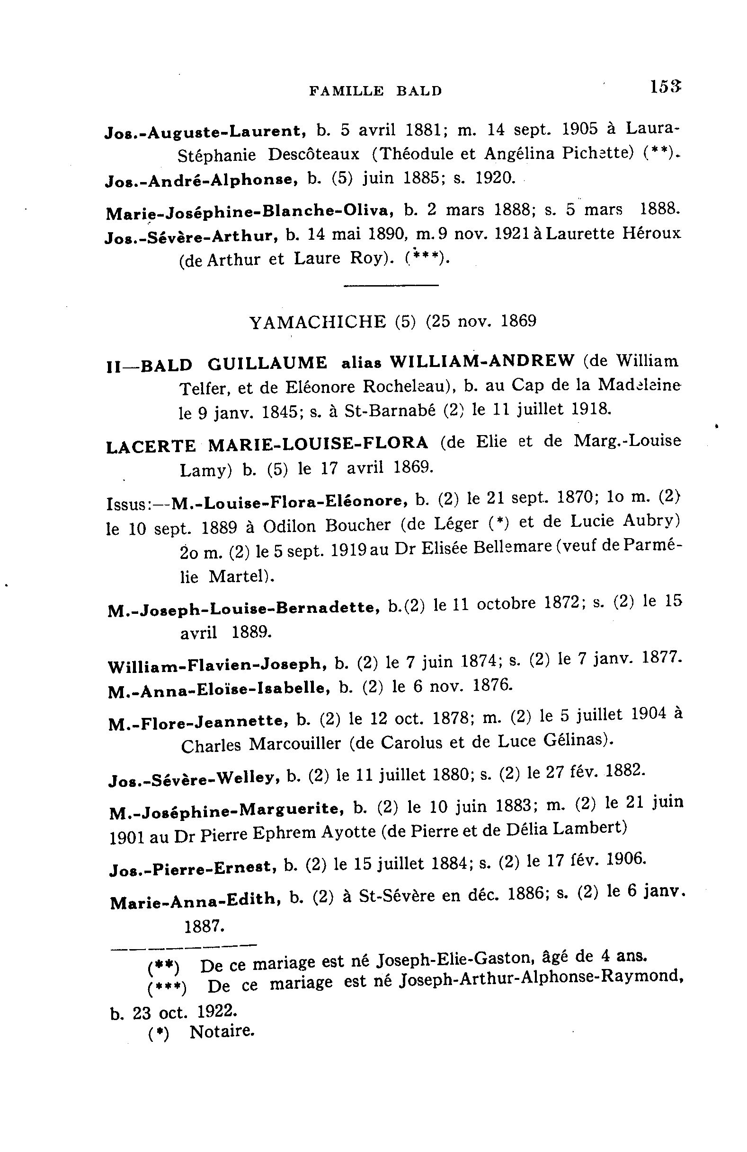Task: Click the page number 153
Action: [666, 87]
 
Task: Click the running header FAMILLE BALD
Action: [375, 90]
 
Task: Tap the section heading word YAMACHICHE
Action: [317, 322]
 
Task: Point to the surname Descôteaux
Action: [313, 155]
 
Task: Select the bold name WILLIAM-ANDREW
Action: [482, 361]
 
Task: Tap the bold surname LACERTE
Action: [151, 446]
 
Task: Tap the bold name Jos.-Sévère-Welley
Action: [194, 778]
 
